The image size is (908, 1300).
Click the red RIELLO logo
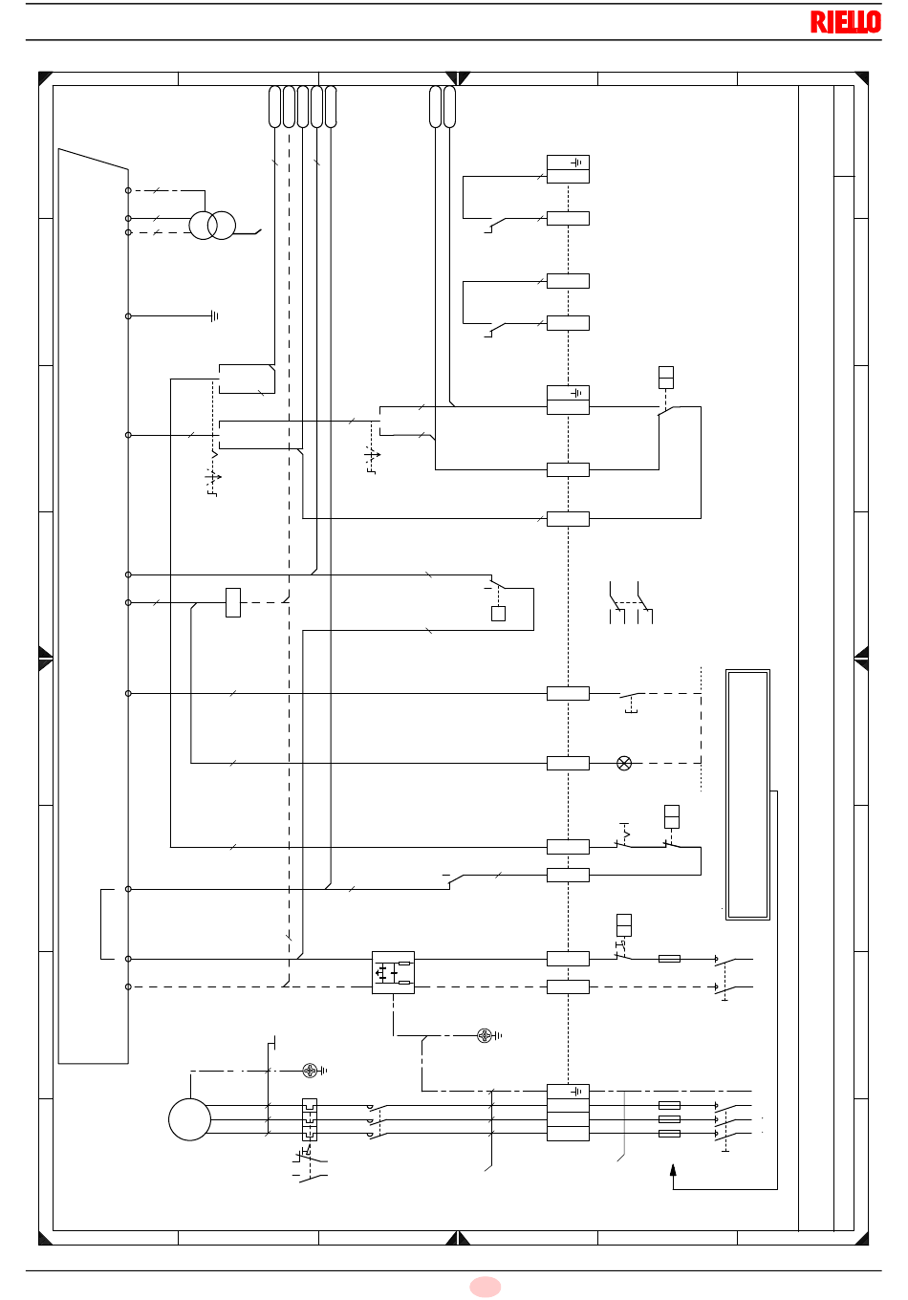coord(845,22)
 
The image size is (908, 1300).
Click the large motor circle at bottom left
coord(189,1119)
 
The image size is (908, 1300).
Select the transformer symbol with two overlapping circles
coord(212,226)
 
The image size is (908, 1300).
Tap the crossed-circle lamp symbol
coord(624,763)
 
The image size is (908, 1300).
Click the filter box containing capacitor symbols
coord(393,973)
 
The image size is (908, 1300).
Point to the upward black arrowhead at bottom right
coord(673,1170)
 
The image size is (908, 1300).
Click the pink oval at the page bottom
coord(485,1286)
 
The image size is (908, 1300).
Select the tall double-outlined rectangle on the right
coord(747,794)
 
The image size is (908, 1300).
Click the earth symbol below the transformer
coord(215,316)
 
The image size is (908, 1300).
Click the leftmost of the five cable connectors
coord(274,107)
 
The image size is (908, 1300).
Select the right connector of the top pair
coord(449,107)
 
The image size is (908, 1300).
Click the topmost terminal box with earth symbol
coord(568,169)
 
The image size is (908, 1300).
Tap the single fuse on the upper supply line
coord(669,959)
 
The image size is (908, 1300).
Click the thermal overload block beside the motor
coord(310,1119)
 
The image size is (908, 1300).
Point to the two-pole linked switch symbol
coord(631,602)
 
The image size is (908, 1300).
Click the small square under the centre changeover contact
coord(498,614)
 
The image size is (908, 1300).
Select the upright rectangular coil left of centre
coord(232,602)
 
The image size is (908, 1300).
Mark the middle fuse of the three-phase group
coord(669,1119)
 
